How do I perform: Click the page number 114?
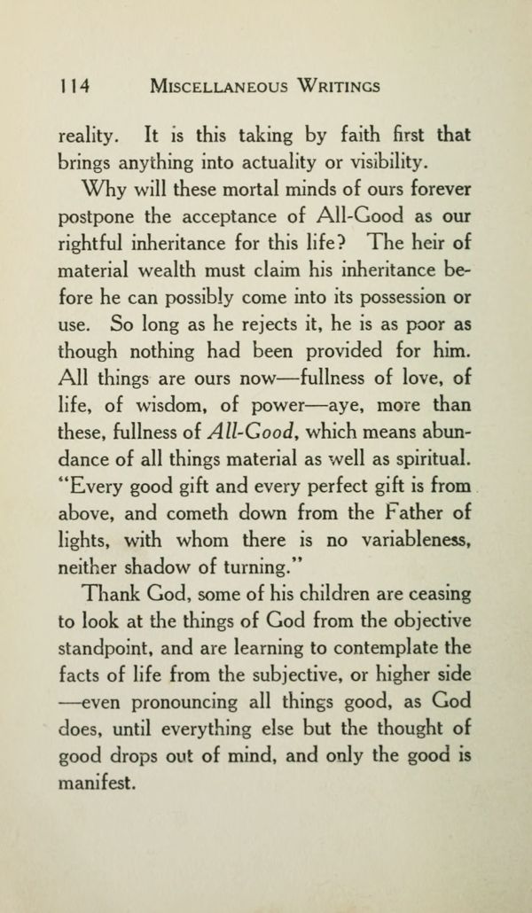coord(74,87)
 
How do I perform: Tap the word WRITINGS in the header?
coord(331,87)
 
